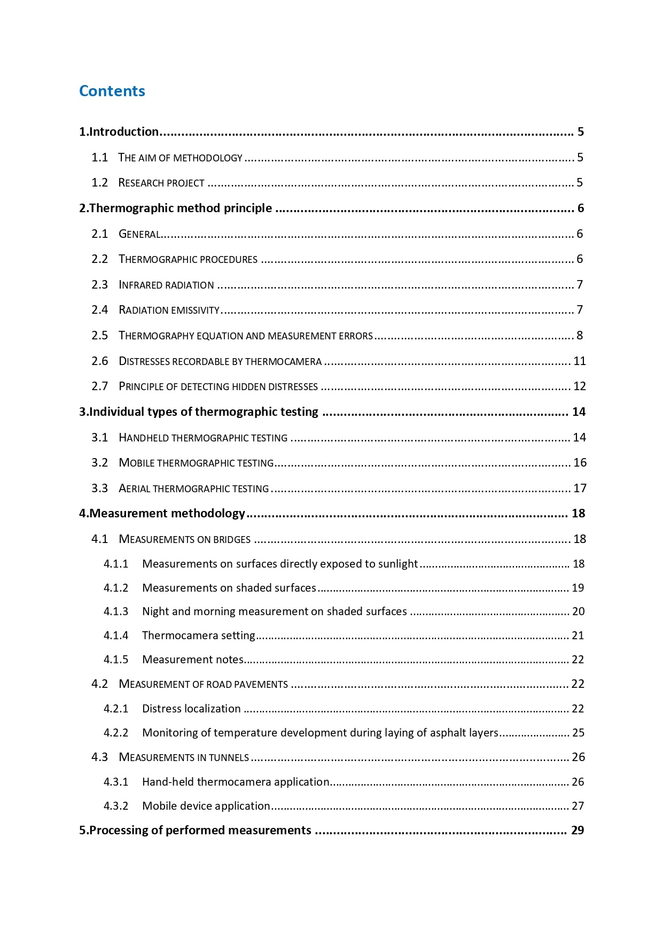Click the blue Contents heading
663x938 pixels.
click(x=112, y=91)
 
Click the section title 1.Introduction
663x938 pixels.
click(x=119, y=132)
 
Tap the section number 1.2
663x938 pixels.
click(x=99, y=183)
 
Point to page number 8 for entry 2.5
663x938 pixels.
click(x=580, y=336)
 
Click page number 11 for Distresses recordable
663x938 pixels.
click(x=580, y=361)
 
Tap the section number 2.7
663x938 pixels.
click(x=99, y=386)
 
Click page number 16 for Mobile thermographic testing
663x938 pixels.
click(x=580, y=463)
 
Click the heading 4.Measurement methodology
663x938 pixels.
click(x=162, y=514)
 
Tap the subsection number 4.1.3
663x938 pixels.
click(x=116, y=611)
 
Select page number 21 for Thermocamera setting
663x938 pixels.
click(x=578, y=635)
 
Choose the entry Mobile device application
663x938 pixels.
click(x=206, y=806)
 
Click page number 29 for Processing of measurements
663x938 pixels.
click(x=578, y=831)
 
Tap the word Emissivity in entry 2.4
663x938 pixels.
click(x=195, y=310)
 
